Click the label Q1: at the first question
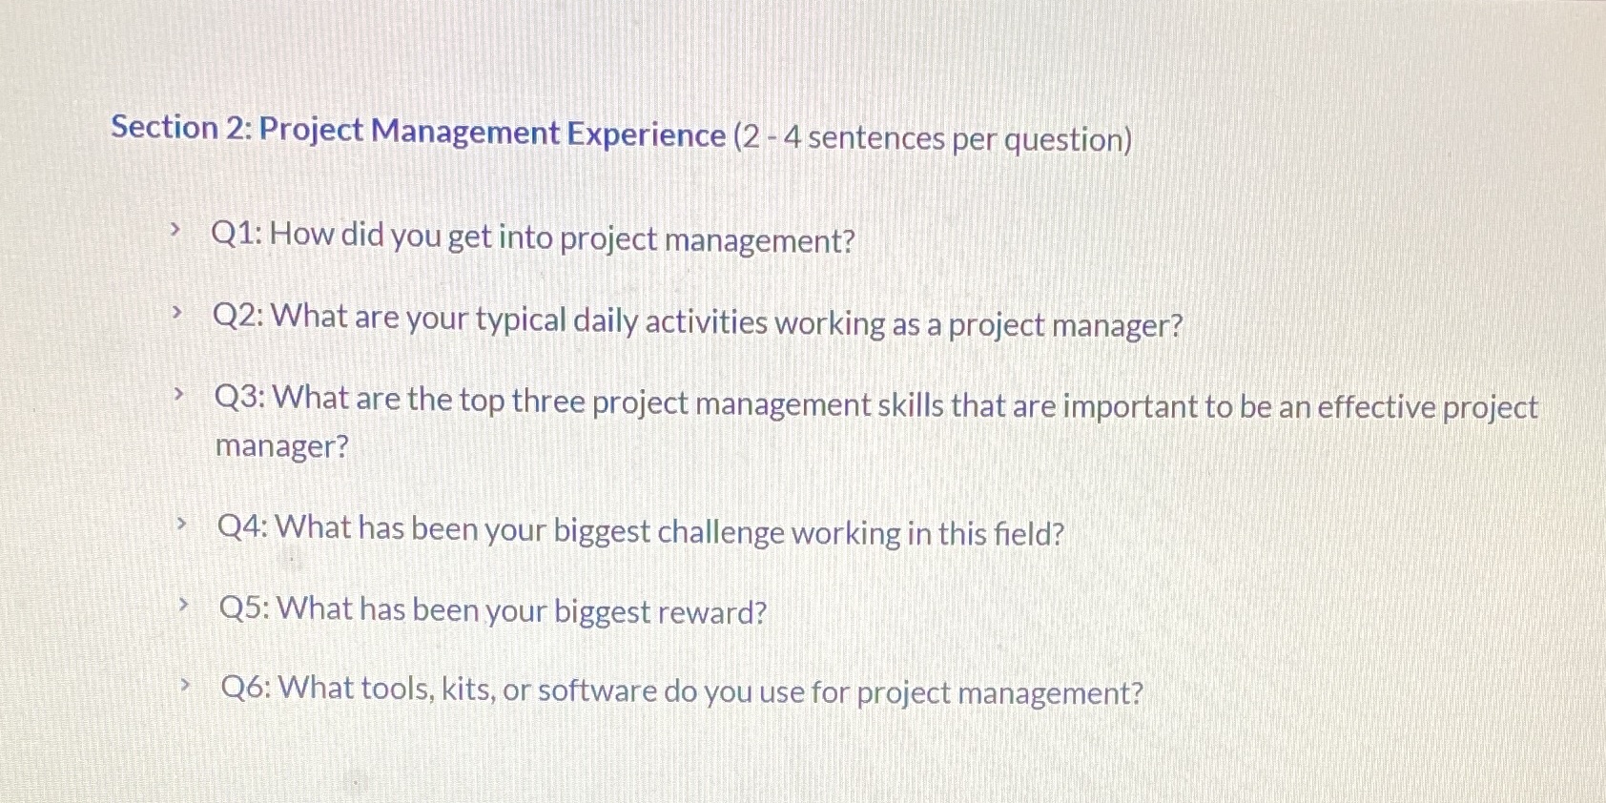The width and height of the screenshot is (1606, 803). (x=237, y=233)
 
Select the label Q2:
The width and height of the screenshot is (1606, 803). (x=238, y=315)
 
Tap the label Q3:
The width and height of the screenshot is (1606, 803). (x=240, y=397)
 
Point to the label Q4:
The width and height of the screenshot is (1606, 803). (x=243, y=525)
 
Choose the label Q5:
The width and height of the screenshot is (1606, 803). (x=245, y=607)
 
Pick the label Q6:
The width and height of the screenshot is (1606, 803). (x=246, y=687)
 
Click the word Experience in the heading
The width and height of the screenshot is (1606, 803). (x=647, y=134)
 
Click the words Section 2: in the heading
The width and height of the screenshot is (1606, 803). (x=180, y=127)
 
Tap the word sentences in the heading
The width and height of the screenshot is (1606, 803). (x=875, y=137)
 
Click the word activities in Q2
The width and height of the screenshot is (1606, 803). (x=706, y=322)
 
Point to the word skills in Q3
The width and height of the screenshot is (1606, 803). (x=910, y=404)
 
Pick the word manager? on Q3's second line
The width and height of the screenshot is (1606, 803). (x=282, y=445)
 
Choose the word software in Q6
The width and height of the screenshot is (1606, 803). (x=597, y=690)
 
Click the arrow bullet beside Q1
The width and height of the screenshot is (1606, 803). (x=175, y=229)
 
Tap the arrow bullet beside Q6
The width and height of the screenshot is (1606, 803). (x=186, y=683)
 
